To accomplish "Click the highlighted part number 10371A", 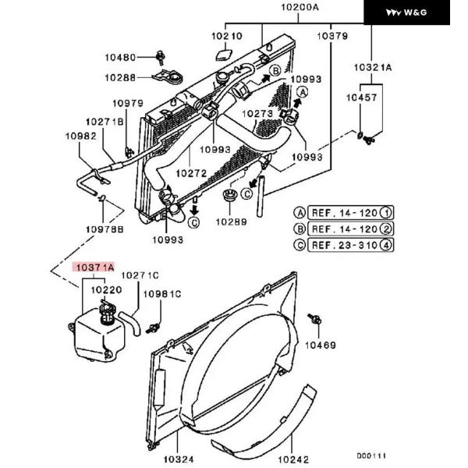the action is [x=94, y=267].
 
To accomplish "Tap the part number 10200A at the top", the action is [x=300, y=7].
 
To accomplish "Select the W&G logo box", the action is [x=406, y=12].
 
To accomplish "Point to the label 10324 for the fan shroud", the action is [x=179, y=459].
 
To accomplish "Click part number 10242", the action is [x=293, y=459].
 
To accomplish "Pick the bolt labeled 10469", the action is [x=314, y=319].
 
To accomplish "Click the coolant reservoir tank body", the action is [x=99, y=335].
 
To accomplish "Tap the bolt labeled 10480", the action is [x=161, y=58].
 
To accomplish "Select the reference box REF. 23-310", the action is [x=350, y=245].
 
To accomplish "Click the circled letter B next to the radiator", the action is [x=275, y=71].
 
